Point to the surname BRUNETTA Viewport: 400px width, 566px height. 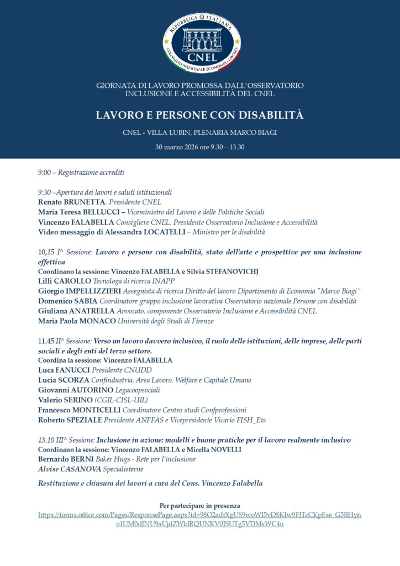pos(85,202)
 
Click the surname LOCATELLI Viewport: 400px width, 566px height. pos(154,232)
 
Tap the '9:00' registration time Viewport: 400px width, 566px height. pos(44,172)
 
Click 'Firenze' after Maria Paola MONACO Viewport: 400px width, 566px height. pos(201,321)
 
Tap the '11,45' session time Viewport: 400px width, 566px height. pos(46,340)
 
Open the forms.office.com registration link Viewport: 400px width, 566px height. pos(200,519)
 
